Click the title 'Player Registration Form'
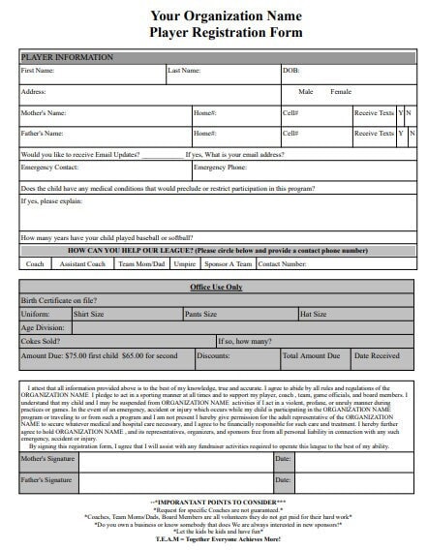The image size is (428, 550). (213, 32)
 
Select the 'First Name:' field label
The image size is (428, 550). (38, 71)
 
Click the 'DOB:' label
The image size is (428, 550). (290, 71)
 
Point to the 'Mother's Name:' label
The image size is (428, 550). (44, 112)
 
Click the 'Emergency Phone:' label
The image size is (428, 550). (222, 168)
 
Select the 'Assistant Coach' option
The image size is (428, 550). (79, 263)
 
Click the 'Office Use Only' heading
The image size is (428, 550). (214, 288)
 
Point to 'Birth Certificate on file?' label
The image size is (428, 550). (59, 301)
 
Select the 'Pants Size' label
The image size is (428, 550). (201, 314)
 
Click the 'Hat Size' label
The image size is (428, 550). (314, 314)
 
